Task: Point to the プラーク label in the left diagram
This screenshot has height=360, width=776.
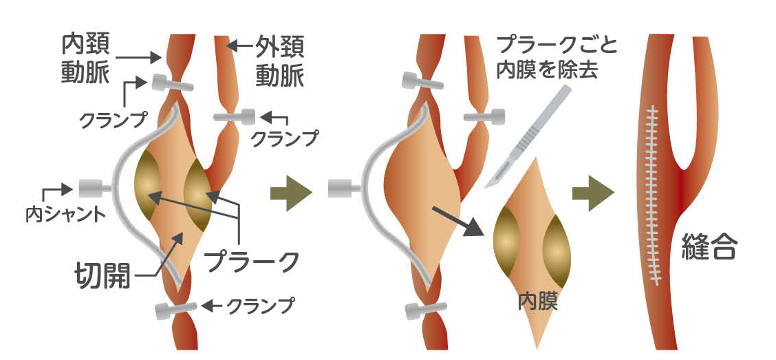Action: pyautogui.click(x=252, y=260)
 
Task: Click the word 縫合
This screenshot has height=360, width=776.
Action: pyautogui.click(x=709, y=247)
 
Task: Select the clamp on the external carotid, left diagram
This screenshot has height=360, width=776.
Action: pyautogui.click(x=234, y=117)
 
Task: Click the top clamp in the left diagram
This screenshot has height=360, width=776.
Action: pyautogui.click(x=168, y=84)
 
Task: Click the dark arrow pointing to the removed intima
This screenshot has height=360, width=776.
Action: pyautogui.click(x=455, y=219)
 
